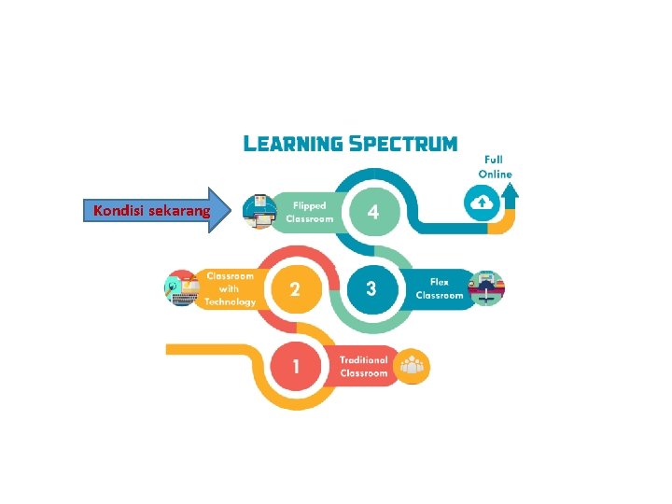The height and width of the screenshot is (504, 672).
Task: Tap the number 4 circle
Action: pyautogui.click(x=372, y=212)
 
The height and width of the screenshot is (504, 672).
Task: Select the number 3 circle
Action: pyautogui.click(x=371, y=288)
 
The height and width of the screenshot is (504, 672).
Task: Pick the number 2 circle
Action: pyautogui.click(x=294, y=289)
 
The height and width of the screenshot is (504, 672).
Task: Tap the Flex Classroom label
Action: pyautogui.click(x=440, y=288)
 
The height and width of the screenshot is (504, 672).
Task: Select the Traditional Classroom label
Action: pyautogui.click(x=363, y=366)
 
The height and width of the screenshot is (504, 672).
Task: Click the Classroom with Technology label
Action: pyautogui.click(x=231, y=288)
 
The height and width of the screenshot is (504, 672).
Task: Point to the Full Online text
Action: pyautogui.click(x=495, y=167)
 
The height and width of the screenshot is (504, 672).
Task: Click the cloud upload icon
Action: pyautogui.click(x=482, y=203)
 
